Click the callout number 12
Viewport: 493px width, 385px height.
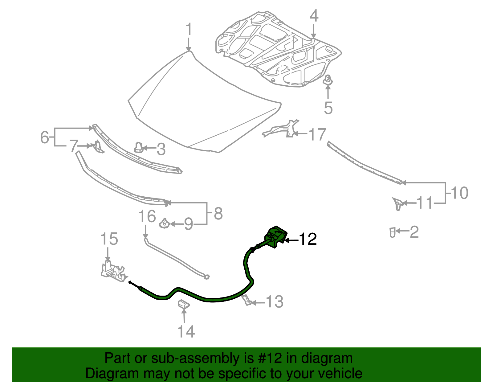[308, 239]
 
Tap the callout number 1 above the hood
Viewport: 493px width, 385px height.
[189, 30]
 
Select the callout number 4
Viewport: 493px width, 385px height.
[314, 16]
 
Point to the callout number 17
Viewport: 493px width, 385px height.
[317, 135]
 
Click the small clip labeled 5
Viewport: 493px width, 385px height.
[328, 80]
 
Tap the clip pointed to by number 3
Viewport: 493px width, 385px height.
[138, 147]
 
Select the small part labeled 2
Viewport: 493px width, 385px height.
[392, 232]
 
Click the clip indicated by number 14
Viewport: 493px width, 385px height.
[184, 305]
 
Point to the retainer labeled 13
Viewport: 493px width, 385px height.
[246, 300]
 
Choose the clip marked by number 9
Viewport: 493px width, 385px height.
[165, 223]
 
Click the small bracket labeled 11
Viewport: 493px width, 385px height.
[397, 203]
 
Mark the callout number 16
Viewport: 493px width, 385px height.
[147, 216]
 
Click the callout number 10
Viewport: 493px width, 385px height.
[459, 193]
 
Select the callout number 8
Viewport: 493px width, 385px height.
[218, 213]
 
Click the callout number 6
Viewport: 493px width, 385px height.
[45, 137]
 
